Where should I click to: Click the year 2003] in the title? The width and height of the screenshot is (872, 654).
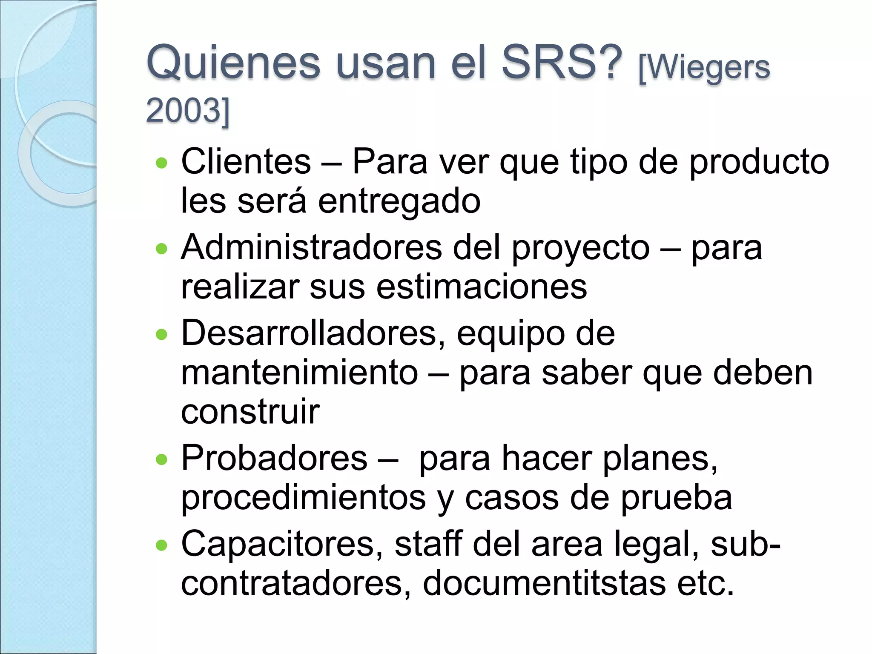pyautogui.click(x=187, y=110)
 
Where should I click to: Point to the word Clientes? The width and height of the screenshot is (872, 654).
pyautogui.click(x=246, y=161)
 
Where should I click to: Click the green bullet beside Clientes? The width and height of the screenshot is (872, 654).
pyautogui.click(x=162, y=163)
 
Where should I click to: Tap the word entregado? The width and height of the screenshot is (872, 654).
pyautogui.click(x=399, y=201)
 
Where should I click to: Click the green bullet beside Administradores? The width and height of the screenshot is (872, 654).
pyautogui.click(x=162, y=249)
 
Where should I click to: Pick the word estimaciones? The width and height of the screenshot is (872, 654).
pyautogui.click(x=482, y=287)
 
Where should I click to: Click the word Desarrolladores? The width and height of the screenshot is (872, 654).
pyautogui.click(x=315, y=333)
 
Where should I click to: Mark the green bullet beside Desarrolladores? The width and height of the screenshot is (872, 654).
pyautogui.click(x=162, y=334)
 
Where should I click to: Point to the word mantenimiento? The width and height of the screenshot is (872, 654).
pyautogui.click(x=300, y=373)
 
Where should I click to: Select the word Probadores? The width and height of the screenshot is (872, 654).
pyautogui.click(x=274, y=458)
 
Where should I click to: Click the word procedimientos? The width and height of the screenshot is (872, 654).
pyautogui.click(x=304, y=498)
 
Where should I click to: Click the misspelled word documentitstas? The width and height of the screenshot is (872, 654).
pyautogui.click(x=544, y=583)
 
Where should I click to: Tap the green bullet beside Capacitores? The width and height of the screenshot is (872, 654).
pyautogui.click(x=162, y=545)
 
